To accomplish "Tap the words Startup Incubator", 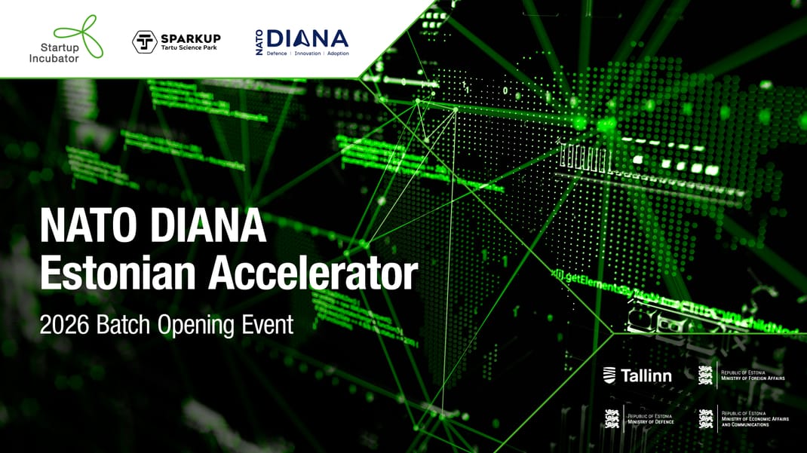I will [x=54, y=53].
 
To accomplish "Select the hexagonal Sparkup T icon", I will [x=144, y=41].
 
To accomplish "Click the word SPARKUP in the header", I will [x=191, y=37].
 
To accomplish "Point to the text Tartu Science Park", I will [x=191, y=47].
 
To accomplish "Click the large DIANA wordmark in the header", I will [x=308, y=38].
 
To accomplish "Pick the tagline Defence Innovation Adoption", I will [x=308, y=54].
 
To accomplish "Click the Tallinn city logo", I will [x=637, y=375].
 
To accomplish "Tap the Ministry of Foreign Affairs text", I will [x=753, y=375].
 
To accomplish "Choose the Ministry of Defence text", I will [x=651, y=419].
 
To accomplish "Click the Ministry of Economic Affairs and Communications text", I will [x=754, y=419].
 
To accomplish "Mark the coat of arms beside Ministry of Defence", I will [x=612, y=418].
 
